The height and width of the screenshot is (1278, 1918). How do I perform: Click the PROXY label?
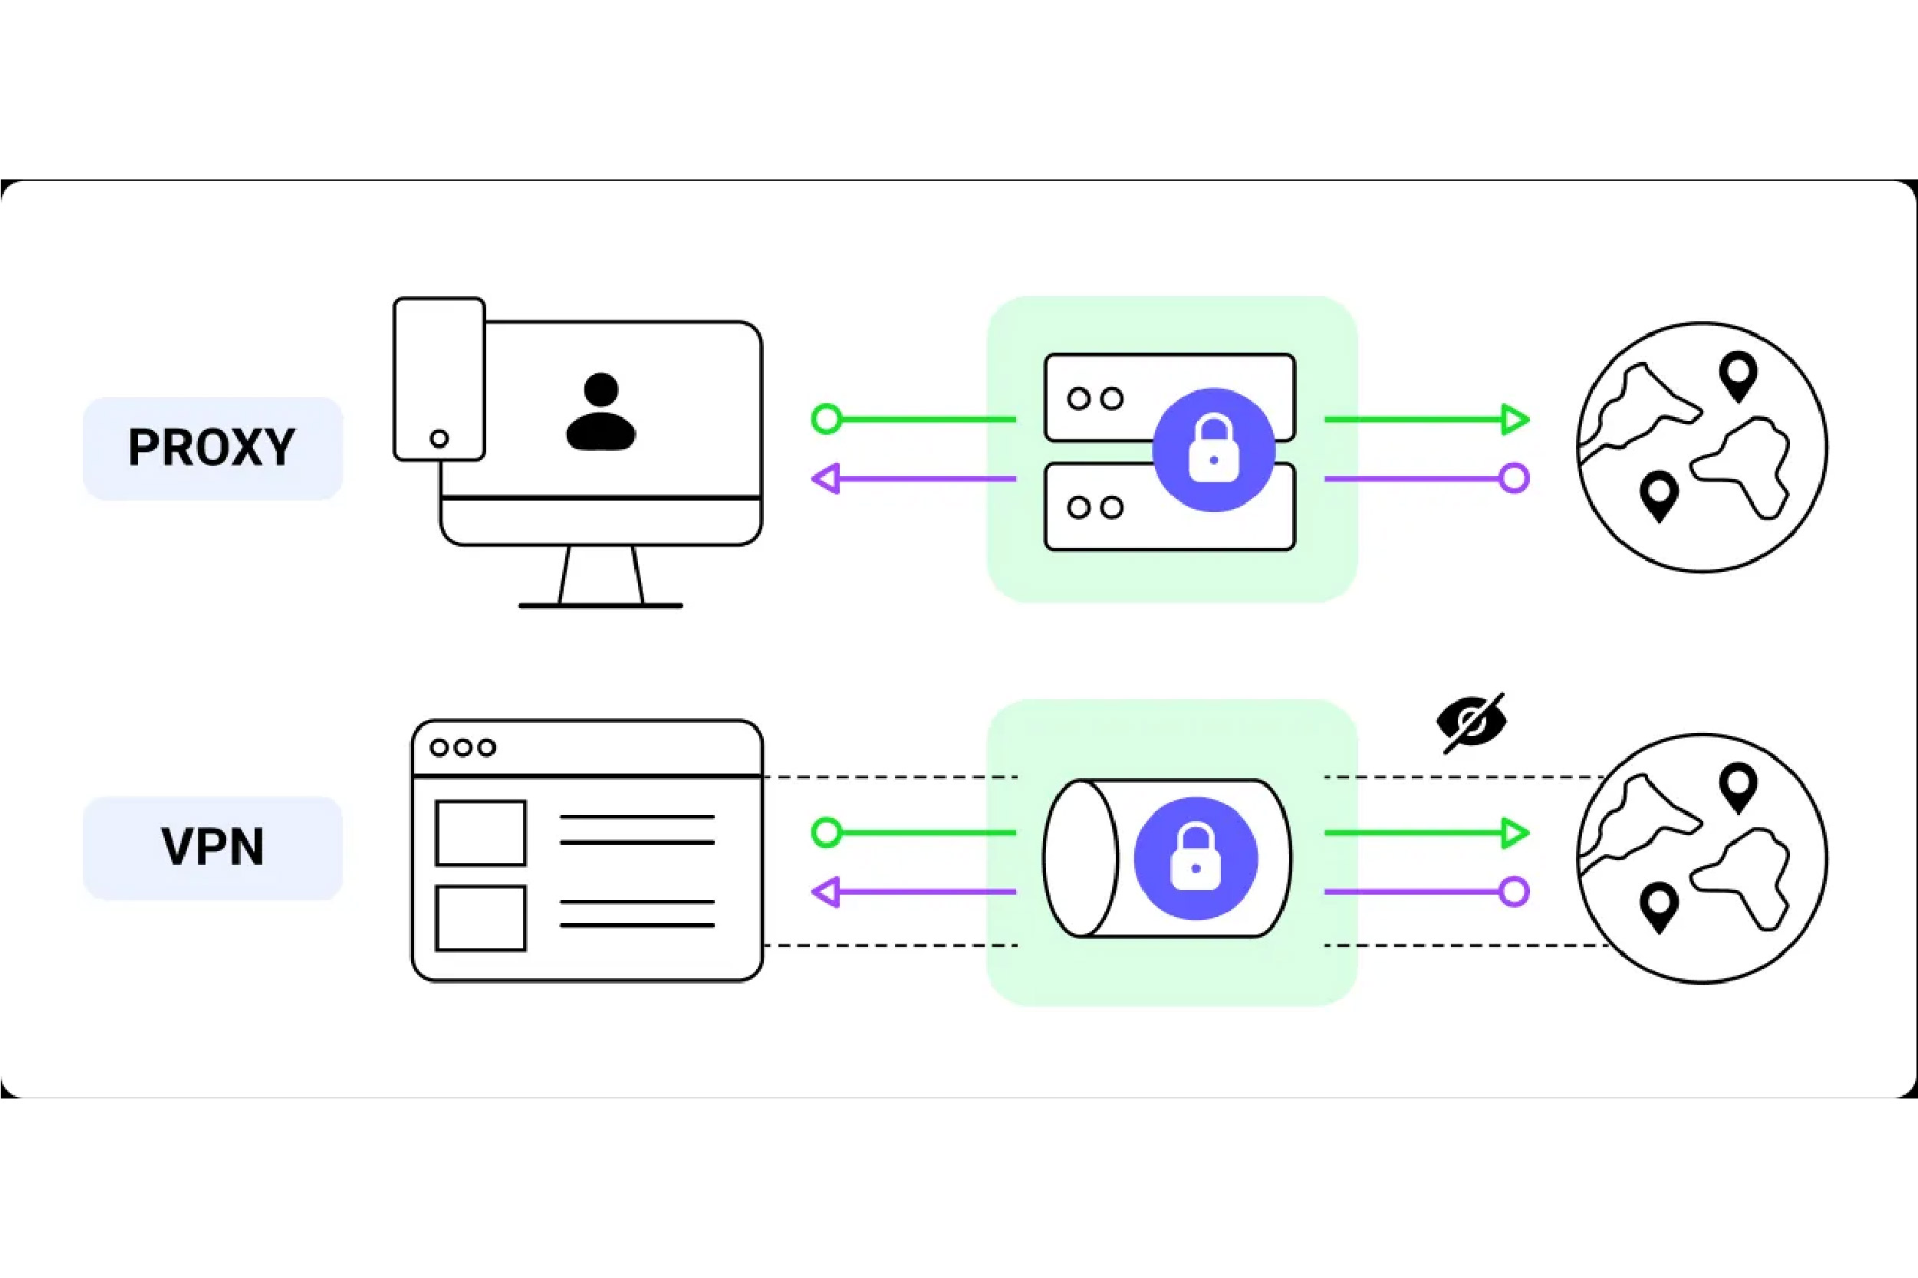pos(212,448)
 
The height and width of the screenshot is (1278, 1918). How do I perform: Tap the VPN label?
pos(212,848)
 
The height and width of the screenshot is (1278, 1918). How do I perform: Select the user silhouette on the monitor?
pos(600,412)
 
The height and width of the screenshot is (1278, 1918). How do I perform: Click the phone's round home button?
pos(439,439)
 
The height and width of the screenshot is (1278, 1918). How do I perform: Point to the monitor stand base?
pos(600,606)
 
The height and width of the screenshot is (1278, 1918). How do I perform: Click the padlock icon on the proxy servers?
pos(1214,450)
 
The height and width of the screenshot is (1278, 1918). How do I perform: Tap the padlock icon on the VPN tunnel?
pos(1196,858)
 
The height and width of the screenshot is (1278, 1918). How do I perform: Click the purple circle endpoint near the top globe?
pos(1515,478)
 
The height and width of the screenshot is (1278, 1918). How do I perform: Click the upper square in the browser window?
pos(481,833)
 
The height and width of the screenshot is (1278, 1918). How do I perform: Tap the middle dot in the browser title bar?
pos(463,747)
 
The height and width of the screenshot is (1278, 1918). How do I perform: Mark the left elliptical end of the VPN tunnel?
pos(1080,858)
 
